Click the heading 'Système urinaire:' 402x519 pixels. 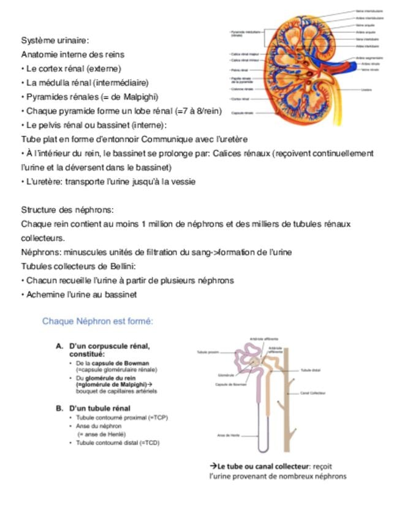[55, 40]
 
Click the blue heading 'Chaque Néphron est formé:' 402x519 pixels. [97, 321]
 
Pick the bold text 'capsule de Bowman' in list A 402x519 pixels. [123, 363]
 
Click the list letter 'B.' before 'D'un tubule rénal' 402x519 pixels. [60, 408]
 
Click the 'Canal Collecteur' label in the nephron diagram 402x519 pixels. [313, 393]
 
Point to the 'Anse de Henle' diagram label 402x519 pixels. [228, 435]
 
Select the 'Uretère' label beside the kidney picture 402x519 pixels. [366, 89]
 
